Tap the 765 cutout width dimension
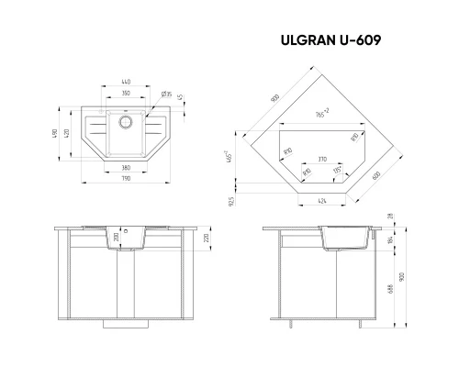pos(318,114)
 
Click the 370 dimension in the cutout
pos(319,160)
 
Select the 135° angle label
pos(336,170)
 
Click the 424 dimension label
pos(319,199)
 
